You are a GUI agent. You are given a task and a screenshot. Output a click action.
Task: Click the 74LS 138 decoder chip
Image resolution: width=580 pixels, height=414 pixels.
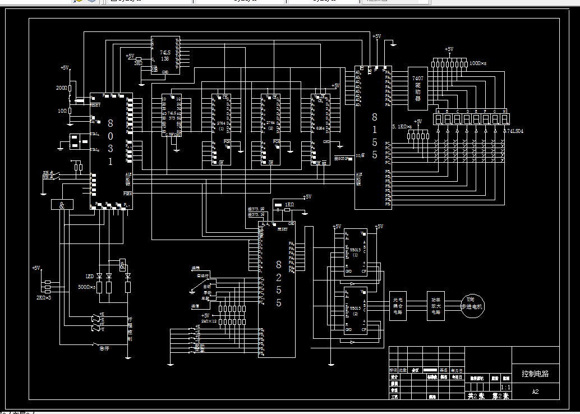[x=165, y=55]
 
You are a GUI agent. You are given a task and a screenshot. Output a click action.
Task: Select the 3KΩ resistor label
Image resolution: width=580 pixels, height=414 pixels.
[x=138, y=63]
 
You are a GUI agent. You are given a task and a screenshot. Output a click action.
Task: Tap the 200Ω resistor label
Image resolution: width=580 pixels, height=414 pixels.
[x=62, y=88]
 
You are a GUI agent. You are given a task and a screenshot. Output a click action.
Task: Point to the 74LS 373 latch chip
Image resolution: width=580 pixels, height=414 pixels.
[x=171, y=115]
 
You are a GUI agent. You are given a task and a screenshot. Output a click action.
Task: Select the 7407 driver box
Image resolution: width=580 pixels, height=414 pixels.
[x=417, y=88]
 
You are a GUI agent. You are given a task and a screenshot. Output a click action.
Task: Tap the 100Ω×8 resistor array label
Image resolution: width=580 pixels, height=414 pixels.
[x=478, y=64]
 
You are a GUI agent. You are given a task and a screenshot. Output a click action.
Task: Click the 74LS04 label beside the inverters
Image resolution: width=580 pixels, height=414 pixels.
[x=514, y=131]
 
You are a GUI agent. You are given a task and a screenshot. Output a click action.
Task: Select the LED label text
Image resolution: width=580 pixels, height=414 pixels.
[x=89, y=277]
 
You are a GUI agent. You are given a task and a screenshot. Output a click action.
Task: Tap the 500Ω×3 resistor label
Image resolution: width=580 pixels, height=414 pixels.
[x=86, y=287]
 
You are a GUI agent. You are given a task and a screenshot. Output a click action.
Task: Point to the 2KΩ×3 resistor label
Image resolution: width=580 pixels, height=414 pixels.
[x=44, y=297]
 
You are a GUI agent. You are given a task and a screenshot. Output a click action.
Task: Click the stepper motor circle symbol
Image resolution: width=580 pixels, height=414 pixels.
[x=472, y=306]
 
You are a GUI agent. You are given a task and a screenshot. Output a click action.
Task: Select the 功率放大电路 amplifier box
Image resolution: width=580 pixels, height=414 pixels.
[x=436, y=306]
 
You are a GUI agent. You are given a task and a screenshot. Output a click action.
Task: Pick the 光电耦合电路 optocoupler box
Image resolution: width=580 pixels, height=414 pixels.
[x=398, y=306]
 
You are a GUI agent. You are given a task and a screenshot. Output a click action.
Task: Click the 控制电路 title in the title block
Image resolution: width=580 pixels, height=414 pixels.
[x=535, y=374]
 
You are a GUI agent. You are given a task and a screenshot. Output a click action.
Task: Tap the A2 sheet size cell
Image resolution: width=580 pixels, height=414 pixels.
[x=535, y=392]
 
